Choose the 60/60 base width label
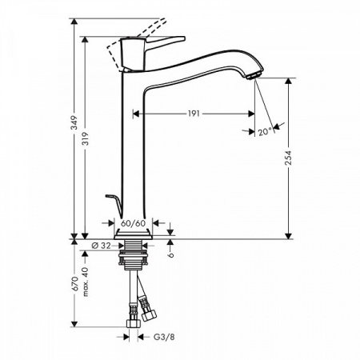[133, 224]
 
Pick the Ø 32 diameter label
[102, 246]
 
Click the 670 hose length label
[73, 286]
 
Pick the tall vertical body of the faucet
[131, 152]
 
